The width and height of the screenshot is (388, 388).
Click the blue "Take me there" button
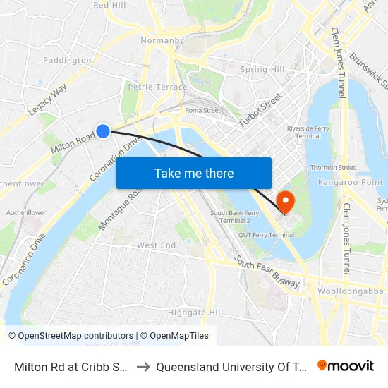194,173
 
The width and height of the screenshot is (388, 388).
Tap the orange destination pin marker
286,202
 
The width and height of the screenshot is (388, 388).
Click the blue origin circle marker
103,131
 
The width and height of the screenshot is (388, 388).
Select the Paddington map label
68,60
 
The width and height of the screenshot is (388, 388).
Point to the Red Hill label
109,5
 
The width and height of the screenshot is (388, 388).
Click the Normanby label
162,40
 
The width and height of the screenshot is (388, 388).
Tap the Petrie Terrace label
157,87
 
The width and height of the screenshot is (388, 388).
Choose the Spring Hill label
263,70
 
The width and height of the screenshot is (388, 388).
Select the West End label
157,245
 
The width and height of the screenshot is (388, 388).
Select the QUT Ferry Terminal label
266,235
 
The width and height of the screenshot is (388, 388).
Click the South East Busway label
267,273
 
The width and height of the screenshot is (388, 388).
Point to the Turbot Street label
260,110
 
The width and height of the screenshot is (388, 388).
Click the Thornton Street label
333,168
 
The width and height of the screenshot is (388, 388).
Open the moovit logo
346,366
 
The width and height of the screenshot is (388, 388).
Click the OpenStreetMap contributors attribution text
75,336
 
